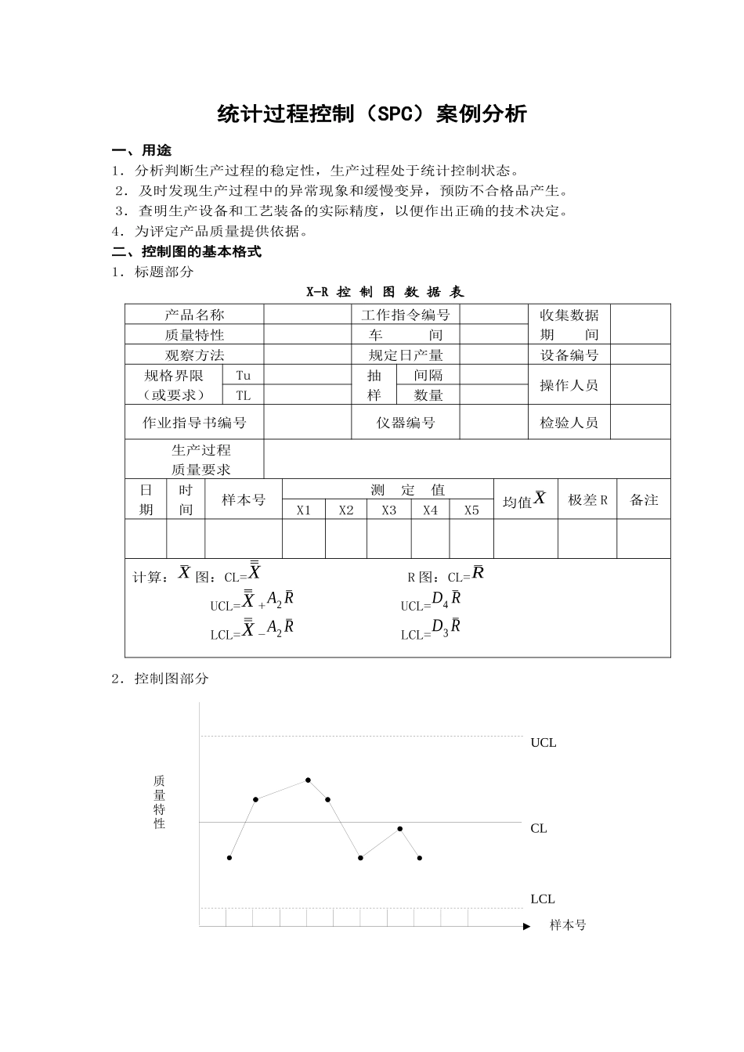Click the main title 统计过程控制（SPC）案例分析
[x=372, y=114]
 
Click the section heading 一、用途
[x=142, y=150]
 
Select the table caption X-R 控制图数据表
[x=385, y=292]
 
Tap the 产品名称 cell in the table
[x=194, y=315]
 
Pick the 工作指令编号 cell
[x=406, y=315]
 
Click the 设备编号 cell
[x=569, y=355]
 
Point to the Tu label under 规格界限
[x=244, y=375]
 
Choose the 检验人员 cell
[x=569, y=423]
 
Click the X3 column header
[x=389, y=510]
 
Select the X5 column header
[x=471, y=510]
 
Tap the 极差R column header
[x=587, y=500]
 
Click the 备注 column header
[x=644, y=500]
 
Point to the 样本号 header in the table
[x=244, y=500]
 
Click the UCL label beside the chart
[x=544, y=743]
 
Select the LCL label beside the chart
[x=543, y=899]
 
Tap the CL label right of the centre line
[x=539, y=828]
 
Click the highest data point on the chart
[x=309, y=780]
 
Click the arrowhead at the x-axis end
[x=526, y=926]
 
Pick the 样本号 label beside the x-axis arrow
[x=568, y=925]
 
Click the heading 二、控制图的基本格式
[x=186, y=252]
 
